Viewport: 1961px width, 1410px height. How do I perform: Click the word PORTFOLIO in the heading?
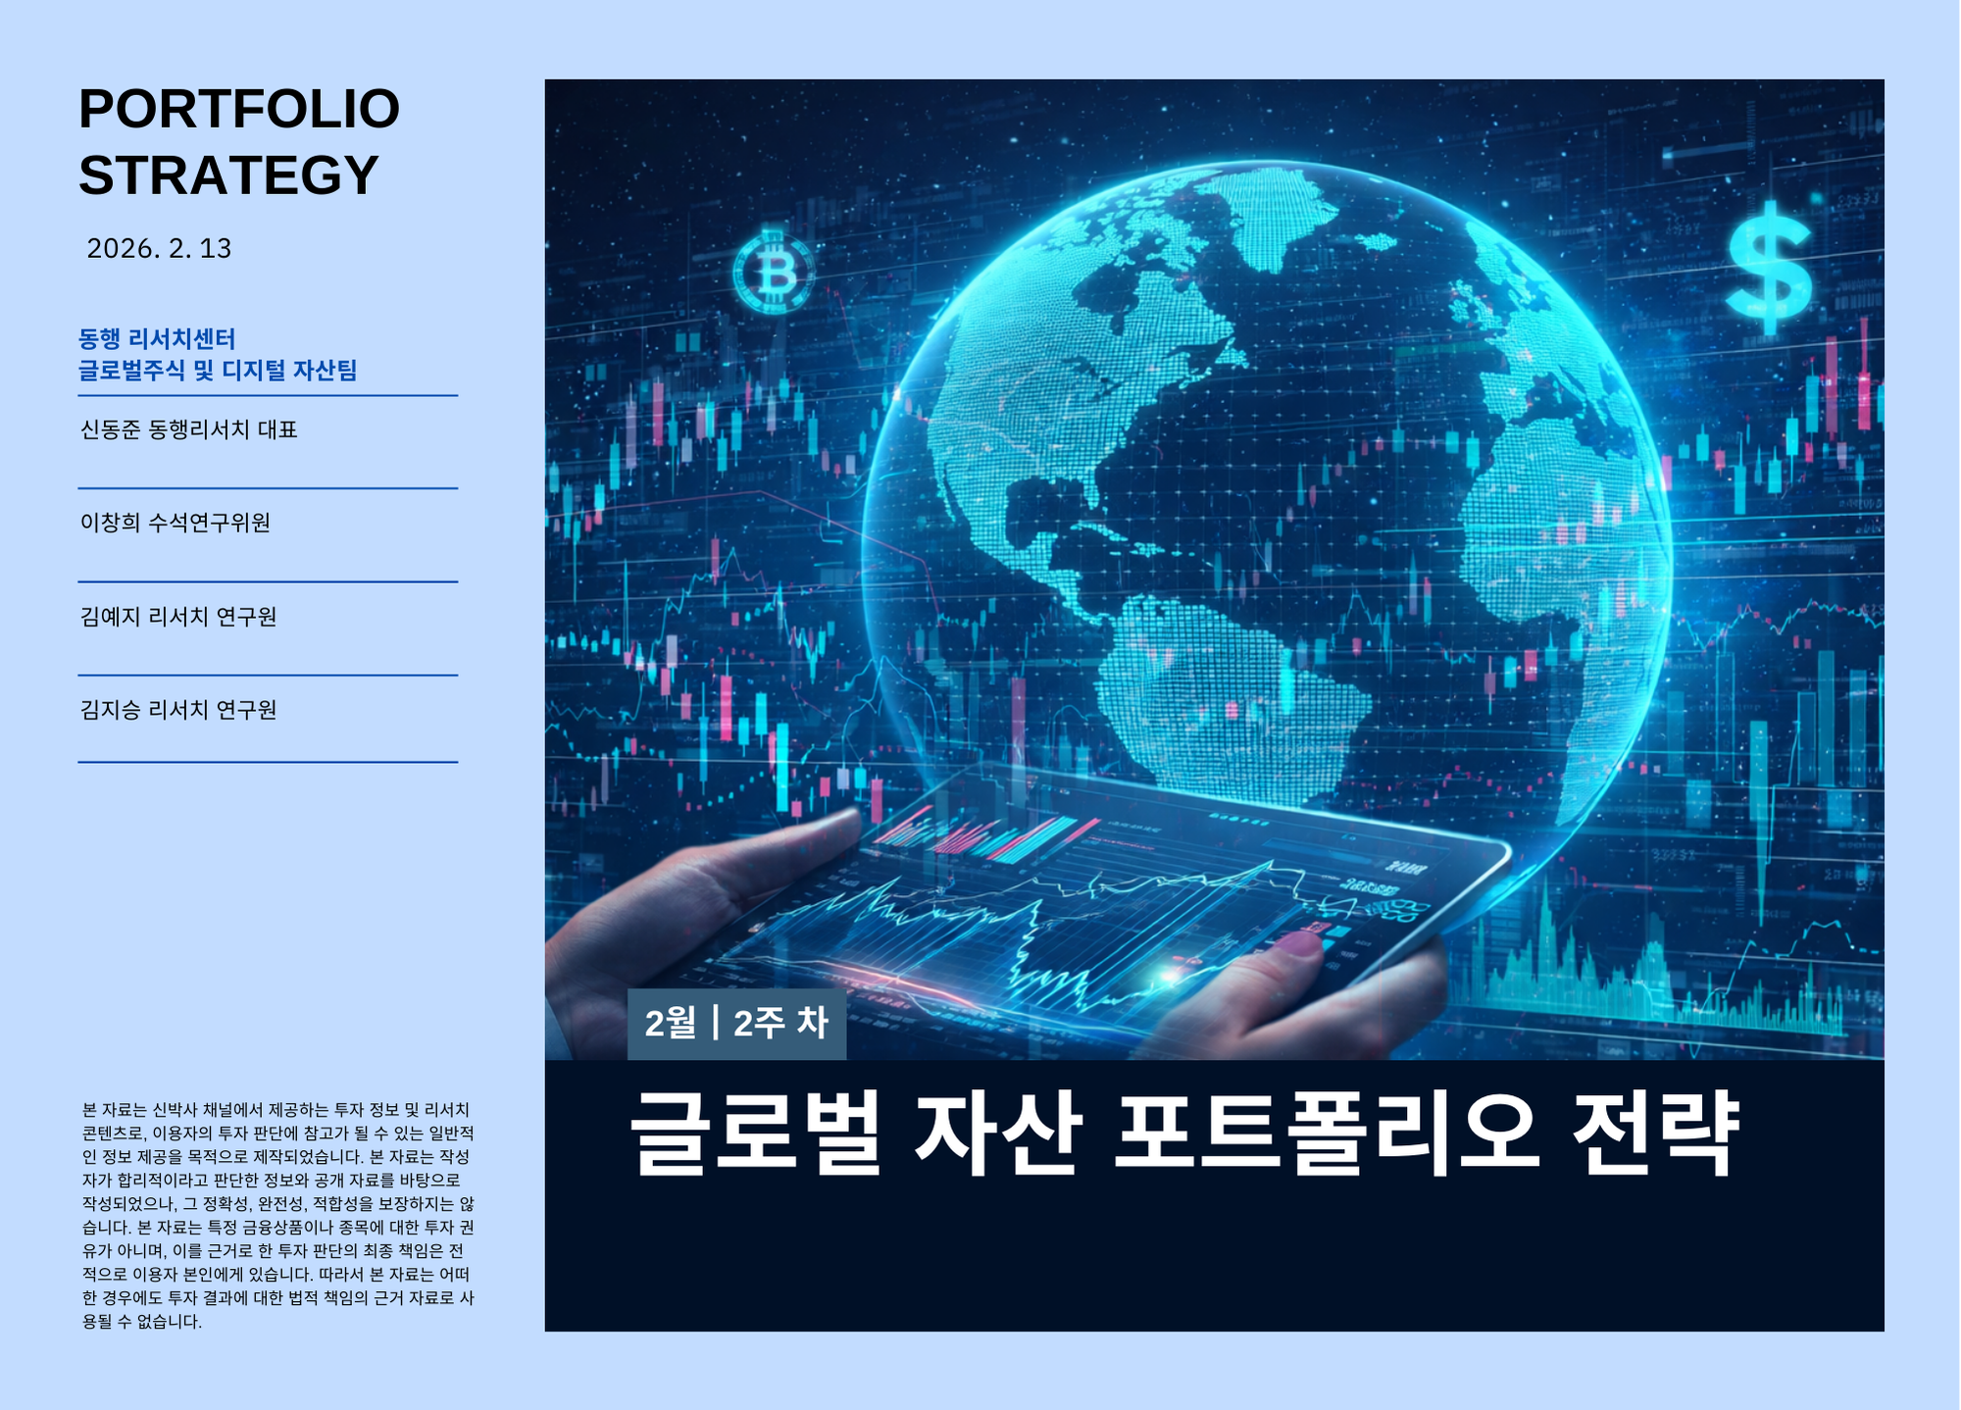tap(239, 109)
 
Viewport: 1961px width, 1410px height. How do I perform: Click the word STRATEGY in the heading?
tap(228, 176)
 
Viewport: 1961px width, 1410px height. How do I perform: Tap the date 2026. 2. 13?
tap(159, 248)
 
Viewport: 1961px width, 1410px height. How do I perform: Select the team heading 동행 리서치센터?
tap(157, 339)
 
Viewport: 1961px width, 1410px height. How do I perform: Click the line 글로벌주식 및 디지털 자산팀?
tap(218, 371)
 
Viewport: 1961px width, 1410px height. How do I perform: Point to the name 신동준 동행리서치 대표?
tap(188, 429)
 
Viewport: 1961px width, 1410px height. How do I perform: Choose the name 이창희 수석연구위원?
tap(176, 523)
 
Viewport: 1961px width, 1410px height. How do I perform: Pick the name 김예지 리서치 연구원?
tap(178, 617)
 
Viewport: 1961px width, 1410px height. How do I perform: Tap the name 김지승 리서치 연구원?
tap(178, 710)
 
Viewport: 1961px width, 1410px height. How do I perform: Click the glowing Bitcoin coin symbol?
tap(774, 272)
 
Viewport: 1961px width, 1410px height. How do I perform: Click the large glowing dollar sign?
tap(1768, 267)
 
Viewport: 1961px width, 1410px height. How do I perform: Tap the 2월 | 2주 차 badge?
tap(736, 1024)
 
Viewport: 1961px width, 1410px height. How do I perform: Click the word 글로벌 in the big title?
tap(756, 1134)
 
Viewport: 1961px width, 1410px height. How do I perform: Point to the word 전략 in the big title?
tap(1655, 1134)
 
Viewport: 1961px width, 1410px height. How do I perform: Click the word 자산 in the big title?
tap(997, 1134)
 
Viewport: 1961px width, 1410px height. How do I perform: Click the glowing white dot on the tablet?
tap(1169, 976)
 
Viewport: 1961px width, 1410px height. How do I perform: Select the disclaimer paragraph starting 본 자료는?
tap(277, 1215)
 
